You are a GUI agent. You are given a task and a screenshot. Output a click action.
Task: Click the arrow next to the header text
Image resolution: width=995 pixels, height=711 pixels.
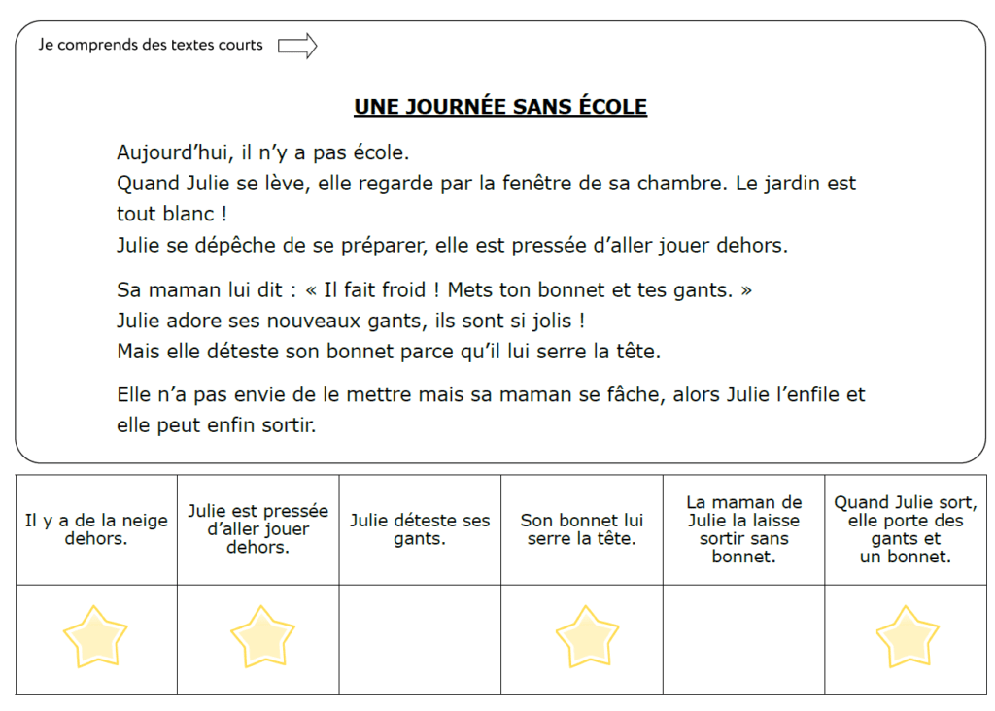coord(297,46)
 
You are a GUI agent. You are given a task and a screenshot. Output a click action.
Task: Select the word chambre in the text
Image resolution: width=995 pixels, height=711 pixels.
coord(679,184)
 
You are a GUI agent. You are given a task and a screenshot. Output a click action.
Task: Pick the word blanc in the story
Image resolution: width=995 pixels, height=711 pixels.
coord(178,214)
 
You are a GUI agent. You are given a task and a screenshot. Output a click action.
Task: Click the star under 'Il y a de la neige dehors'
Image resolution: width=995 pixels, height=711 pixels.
coord(95,636)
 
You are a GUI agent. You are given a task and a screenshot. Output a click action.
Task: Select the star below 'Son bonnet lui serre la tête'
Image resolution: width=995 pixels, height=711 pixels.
coord(587,636)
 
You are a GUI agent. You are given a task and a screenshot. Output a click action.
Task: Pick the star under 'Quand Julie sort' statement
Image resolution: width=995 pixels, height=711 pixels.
coord(907,636)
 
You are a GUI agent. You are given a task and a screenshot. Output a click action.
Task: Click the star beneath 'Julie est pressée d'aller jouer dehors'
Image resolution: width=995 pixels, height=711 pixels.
coord(262,636)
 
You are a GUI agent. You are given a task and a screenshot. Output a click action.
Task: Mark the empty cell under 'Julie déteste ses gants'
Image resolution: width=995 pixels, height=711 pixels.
coord(420,639)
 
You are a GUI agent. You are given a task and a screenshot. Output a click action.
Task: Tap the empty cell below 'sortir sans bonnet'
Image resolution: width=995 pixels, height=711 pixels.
coord(743,639)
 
